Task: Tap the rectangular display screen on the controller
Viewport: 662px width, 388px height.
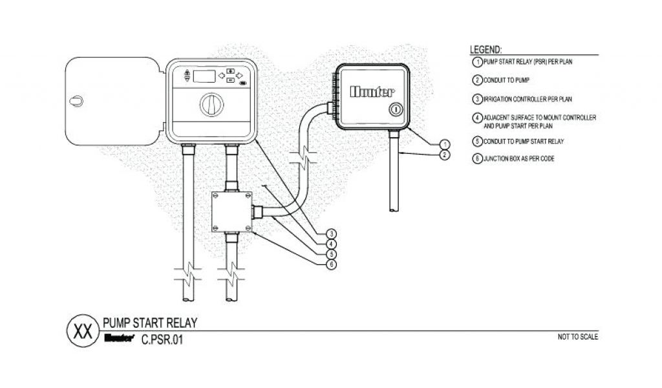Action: pyautogui.click(x=204, y=76)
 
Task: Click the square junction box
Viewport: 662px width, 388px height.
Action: pyautogui.click(x=233, y=212)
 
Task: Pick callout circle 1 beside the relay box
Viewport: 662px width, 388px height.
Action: pyautogui.click(x=444, y=144)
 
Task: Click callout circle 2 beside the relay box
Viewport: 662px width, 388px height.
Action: pyautogui.click(x=444, y=155)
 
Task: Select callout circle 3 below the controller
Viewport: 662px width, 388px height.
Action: pyautogui.click(x=330, y=233)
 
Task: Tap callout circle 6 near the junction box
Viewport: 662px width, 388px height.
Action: pyautogui.click(x=330, y=264)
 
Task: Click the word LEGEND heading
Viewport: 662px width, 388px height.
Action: pyautogui.click(x=486, y=50)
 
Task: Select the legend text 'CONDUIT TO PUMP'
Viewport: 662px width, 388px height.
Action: pyautogui.click(x=507, y=81)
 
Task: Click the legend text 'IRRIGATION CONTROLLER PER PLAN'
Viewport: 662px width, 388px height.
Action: pyautogui.click(x=528, y=100)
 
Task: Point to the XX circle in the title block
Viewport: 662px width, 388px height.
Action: pyautogui.click(x=83, y=331)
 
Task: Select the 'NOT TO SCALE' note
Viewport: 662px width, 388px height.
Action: pyautogui.click(x=577, y=337)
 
